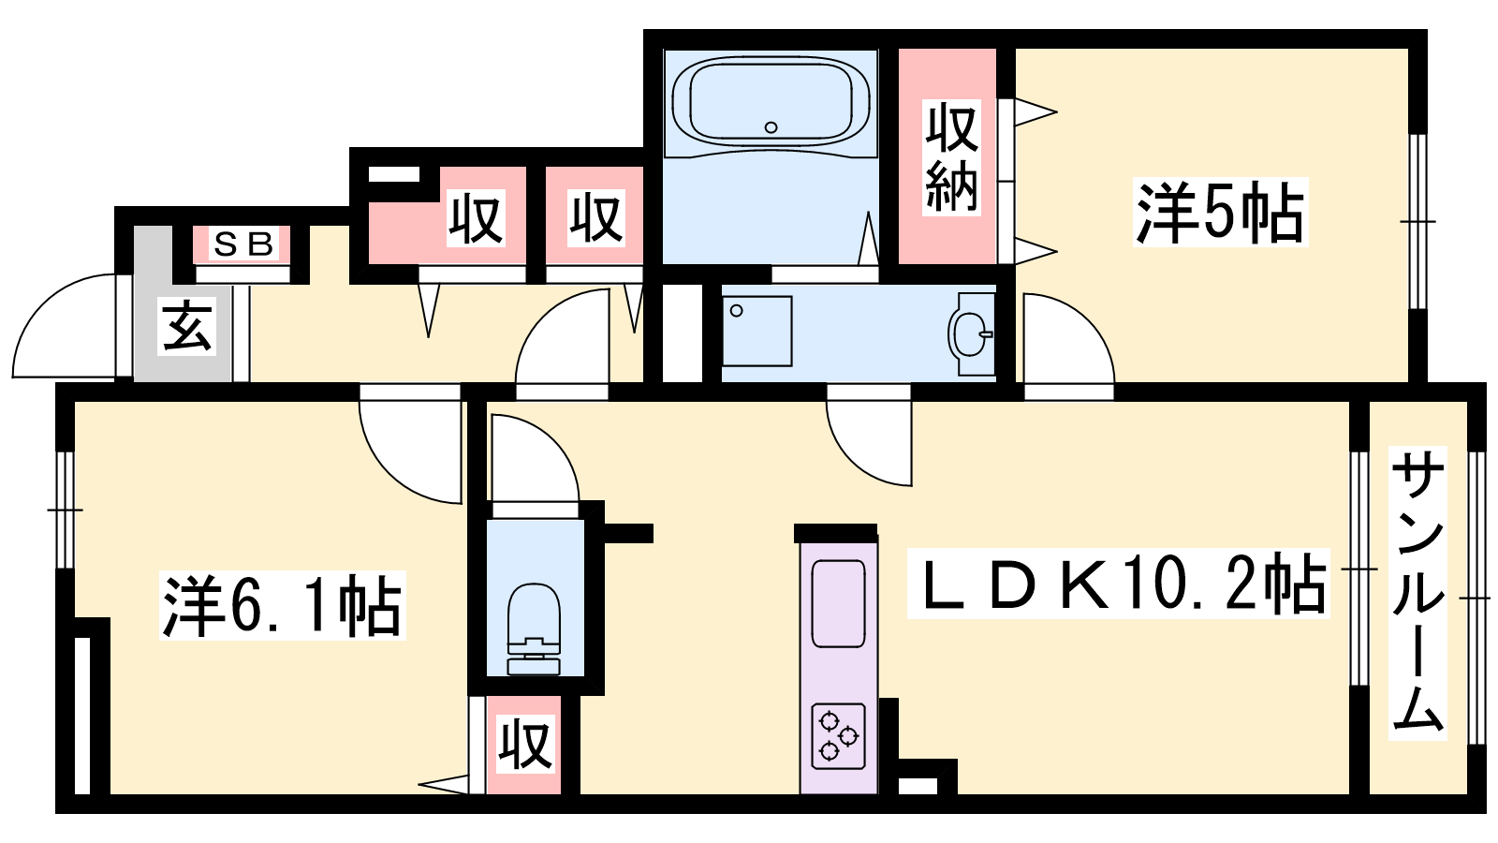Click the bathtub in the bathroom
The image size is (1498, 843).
coord(771,103)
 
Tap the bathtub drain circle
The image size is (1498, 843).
coord(771,127)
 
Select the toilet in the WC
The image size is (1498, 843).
coord(534,629)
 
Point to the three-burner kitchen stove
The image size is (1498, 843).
coord(838,736)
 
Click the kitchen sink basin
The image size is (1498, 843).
coord(838,603)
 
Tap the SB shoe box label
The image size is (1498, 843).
coord(242,244)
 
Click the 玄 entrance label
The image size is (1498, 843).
coord(187,327)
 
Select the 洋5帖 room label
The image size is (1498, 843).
coord(1220,212)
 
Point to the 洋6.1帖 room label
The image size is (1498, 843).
coord(282,605)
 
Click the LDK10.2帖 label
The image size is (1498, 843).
coord(1118,584)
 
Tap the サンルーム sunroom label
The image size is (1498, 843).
coord(1417,593)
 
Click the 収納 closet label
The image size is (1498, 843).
coord(951,158)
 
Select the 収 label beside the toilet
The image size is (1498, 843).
coord(525,744)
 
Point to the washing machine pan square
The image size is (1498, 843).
coord(757,331)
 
